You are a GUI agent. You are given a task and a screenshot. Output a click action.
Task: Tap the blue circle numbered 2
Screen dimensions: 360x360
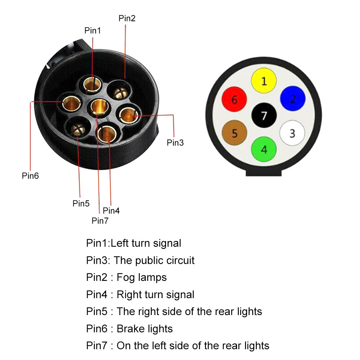(293, 98)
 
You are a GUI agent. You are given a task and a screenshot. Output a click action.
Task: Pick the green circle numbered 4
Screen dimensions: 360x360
(264, 149)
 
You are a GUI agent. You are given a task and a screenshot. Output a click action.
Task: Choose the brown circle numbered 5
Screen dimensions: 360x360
(235, 133)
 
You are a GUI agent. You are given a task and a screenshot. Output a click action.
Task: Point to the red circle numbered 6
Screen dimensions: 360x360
(234, 99)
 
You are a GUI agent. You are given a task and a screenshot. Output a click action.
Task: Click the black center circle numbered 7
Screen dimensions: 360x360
(264, 115)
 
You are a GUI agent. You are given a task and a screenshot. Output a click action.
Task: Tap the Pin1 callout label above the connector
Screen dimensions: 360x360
(92, 31)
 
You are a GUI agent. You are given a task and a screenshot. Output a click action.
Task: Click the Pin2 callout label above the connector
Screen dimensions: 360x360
(127, 19)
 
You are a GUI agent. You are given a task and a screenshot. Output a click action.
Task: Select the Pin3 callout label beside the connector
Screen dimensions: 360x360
(175, 143)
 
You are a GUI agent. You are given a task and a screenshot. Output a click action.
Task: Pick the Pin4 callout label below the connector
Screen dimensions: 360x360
(111, 210)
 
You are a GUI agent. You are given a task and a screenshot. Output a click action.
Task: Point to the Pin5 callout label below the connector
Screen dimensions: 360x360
(81, 204)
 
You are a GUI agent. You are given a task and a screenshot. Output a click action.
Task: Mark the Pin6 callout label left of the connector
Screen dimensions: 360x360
(30, 176)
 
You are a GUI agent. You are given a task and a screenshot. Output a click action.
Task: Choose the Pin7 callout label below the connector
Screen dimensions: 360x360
(100, 220)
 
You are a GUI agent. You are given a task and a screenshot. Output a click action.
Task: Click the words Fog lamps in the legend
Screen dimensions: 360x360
(142, 277)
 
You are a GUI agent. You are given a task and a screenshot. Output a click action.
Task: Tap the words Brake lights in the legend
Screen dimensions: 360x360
(145, 329)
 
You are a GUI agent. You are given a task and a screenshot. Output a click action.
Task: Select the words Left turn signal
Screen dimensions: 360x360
(146, 243)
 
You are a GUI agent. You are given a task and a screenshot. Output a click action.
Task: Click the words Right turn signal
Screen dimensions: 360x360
(155, 295)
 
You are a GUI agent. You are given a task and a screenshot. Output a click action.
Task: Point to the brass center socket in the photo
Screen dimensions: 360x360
(99, 107)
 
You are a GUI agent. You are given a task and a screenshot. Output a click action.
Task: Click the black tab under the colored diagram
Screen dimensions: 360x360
(264, 173)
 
